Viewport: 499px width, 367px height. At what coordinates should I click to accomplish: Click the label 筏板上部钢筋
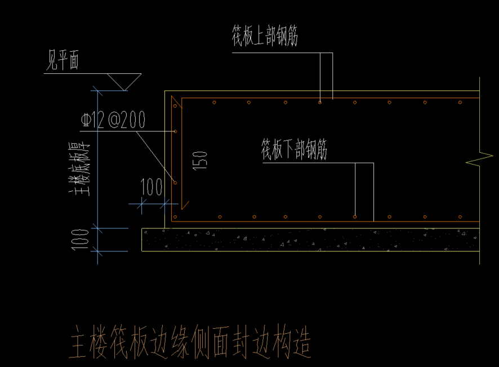pos(264,37)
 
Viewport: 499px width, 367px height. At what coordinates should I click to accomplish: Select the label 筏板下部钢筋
pos(293,149)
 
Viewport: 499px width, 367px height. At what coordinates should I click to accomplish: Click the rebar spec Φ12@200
pos(113,120)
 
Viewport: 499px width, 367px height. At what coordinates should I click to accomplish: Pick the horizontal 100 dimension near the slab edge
pos(151,187)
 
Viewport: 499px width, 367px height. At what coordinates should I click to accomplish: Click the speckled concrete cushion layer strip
pos(310,240)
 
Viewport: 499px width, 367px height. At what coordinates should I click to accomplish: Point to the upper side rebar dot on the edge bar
pos(175,131)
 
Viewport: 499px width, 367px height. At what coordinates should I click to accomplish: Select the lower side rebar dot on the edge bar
pos(175,183)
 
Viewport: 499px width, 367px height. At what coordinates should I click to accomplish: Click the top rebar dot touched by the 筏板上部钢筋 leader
pos(320,103)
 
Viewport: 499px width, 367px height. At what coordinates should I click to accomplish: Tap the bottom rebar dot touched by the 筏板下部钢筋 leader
pos(355,216)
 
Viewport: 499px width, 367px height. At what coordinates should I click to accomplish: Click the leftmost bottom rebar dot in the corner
pos(175,216)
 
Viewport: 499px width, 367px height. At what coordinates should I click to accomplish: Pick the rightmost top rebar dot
pos(460,103)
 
